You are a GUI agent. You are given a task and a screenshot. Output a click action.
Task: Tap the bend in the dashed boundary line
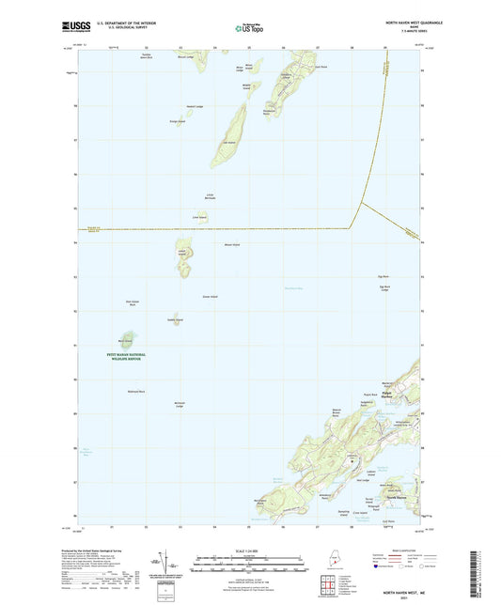coord(352,226)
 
